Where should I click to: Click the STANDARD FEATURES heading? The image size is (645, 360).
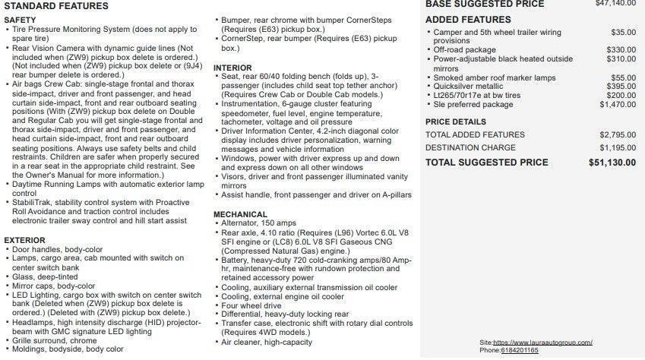[x=55, y=6]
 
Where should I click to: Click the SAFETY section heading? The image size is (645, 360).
[x=20, y=20]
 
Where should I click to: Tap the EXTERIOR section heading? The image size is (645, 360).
[x=24, y=240]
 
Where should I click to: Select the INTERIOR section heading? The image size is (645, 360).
[x=232, y=68]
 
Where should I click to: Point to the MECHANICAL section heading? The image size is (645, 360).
[x=241, y=214]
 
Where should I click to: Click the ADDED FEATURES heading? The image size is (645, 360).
[x=468, y=20]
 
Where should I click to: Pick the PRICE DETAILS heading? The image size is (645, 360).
[x=455, y=122]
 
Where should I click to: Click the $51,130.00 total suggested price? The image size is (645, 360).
[x=612, y=163]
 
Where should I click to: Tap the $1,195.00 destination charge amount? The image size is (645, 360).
[x=617, y=147]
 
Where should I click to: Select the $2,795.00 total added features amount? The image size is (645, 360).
[x=617, y=134]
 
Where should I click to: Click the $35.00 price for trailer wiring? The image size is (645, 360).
[x=623, y=33]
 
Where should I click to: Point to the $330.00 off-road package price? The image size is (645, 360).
[x=621, y=50]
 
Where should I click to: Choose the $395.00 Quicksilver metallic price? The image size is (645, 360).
[x=621, y=87]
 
